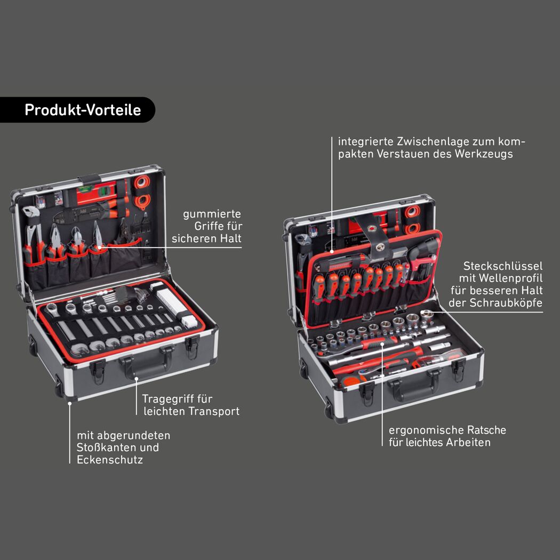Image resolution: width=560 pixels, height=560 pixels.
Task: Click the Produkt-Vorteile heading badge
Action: [x=77, y=110]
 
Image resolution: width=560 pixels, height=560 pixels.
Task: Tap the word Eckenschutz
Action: [x=110, y=459]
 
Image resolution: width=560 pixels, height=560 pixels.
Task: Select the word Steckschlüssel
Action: [x=503, y=266]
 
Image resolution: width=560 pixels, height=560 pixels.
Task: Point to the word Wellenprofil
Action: [x=511, y=278]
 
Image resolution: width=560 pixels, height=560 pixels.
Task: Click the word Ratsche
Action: [x=487, y=430]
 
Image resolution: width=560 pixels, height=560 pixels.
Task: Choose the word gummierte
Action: [x=212, y=214]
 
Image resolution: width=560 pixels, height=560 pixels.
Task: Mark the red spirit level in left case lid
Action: [x=95, y=195]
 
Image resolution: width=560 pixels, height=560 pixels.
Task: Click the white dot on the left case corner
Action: [x=70, y=404]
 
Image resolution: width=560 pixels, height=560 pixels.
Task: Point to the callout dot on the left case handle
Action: [x=137, y=379]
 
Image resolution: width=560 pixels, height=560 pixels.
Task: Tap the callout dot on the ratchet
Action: [x=382, y=344]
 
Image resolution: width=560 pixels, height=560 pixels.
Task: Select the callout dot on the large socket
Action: [x=422, y=312]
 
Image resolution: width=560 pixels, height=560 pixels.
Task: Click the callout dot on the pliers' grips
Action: [x=99, y=247]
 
